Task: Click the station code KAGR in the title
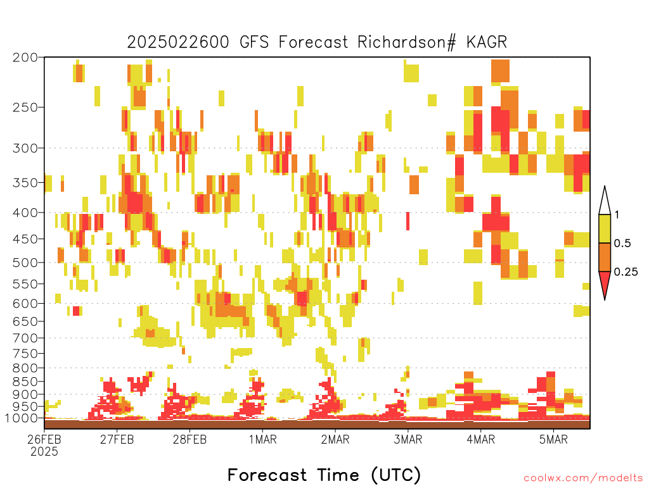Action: [486, 42]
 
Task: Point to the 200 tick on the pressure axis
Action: [25, 58]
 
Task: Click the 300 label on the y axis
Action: [25, 148]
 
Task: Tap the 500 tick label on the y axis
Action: [25, 263]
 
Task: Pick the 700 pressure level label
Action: [25, 338]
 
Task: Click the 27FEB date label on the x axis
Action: [117, 439]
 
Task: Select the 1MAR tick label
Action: [262, 439]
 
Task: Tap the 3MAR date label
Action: [408, 439]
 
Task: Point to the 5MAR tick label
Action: [553, 439]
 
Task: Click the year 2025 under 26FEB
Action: [44, 452]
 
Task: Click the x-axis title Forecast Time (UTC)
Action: [324, 475]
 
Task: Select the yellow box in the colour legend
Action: [605, 228]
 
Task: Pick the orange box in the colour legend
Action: [605, 257]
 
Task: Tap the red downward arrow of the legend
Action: [605, 283]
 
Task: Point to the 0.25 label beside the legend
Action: [626, 272]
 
